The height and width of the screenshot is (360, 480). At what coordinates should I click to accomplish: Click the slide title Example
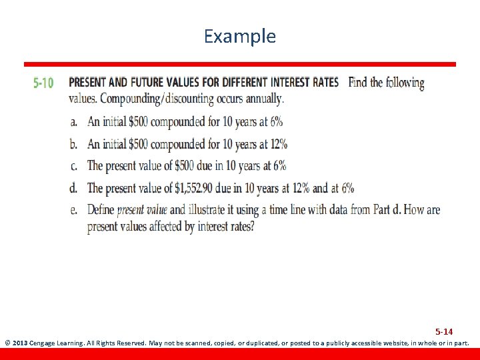pyautogui.click(x=239, y=36)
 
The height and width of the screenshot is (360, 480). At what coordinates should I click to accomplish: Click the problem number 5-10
pyautogui.click(x=43, y=83)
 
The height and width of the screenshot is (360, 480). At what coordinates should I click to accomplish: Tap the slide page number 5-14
pyautogui.click(x=444, y=331)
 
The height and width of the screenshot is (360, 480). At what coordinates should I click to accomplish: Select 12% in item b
pyautogui.click(x=274, y=144)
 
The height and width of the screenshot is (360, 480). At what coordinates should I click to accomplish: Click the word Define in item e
pyautogui.click(x=101, y=210)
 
